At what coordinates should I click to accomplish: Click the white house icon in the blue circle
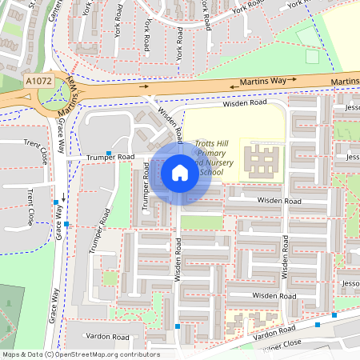pyautogui.click(x=180, y=172)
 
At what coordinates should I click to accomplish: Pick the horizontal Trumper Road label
pyautogui.click(x=110, y=158)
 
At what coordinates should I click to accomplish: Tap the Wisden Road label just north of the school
pyautogui.click(x=245, y=103)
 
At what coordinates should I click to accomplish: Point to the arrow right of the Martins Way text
pyautogui.click(x=293, y=80)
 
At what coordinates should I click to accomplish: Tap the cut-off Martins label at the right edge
pyautogui.click(x=346, y=82)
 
